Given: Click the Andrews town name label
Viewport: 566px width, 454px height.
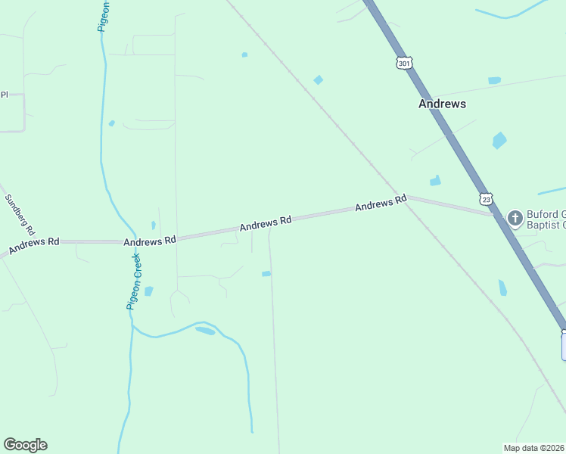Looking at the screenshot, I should pyautogui.click(x=442, y=104).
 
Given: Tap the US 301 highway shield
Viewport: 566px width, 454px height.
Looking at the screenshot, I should pyautogui.click(x=404, y=62).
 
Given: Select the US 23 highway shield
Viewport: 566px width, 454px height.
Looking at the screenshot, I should pyautogui.click(x=487, y=198).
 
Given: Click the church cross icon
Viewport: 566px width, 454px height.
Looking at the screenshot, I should pyautogui.click(x=515, y=219).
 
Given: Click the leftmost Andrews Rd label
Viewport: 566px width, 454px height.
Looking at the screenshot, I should pyautogui.click(x=33, y=245).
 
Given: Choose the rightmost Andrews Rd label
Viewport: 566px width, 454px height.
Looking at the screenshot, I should pyautogui.click(x=381, y=204).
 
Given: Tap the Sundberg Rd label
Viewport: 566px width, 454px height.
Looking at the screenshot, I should pyautogui.click(x=20, y=214).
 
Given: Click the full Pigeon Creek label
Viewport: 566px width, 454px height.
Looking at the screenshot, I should pyautogui.click(x=134, y=281).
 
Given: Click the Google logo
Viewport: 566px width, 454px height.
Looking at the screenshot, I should pyautogui.click(x=25, y=445).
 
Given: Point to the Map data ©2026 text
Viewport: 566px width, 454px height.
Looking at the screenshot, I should pyautogui.click(x=534, y=448).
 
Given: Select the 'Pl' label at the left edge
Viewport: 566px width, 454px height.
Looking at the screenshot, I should pyautogui.click(x=4, y=95).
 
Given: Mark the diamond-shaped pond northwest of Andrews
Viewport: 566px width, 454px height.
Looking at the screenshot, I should pyautogui.click(x=319, y=80).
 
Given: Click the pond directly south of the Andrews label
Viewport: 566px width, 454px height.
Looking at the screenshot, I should pyautogui.click(x=499, y=140).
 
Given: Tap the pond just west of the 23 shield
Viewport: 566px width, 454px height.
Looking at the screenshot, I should pyautogui.click(x=435, y=181).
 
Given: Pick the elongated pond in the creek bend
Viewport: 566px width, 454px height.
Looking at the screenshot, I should pyautogui.click(x=205, y=331).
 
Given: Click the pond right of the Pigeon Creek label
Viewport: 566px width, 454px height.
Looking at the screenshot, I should pyautogui.click(x=148, y=291).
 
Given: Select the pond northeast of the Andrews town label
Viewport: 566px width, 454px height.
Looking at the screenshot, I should pyautogui.click(x=494, y=80).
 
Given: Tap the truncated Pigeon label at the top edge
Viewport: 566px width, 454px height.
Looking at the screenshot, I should pyautogui.click(x=104, y=15).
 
